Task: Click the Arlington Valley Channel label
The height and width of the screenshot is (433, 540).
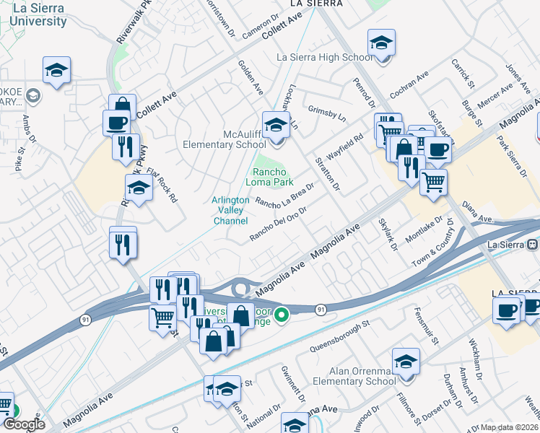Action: (x=230, y=211)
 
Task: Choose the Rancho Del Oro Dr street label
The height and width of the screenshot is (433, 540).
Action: (x=279, y=224)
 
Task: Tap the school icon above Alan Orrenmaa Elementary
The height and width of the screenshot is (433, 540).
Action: (x=406, y=360)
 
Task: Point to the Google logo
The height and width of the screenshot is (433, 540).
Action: (x=24, y=425)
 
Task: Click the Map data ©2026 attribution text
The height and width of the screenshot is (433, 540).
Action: (x=510, y=427)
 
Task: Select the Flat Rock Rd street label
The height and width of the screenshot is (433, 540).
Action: (x=161, y=186)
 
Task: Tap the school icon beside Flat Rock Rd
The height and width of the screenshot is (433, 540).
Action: (x=138, y=188)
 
